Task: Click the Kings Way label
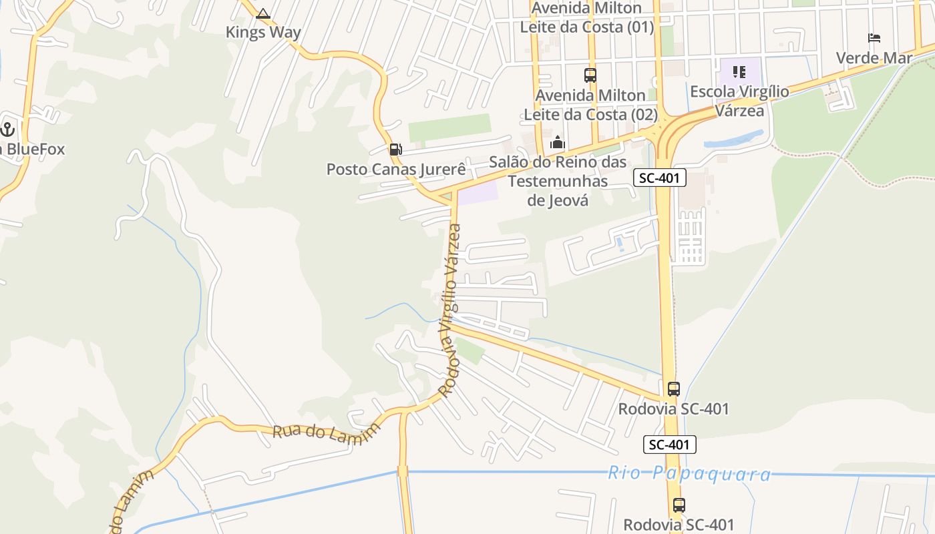(x=263, y=32)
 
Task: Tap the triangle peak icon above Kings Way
(x=263, y=13)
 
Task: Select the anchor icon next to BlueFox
(x=7, y=129)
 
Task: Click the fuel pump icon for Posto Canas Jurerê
(x=396, y=150)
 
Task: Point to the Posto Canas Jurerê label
(x=395, y=170)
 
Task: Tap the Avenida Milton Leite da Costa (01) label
(x=587, y=17)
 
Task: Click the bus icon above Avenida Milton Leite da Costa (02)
(x=590, y=75)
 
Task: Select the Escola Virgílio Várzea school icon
(x=739, y=71)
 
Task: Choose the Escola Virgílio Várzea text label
(x=739, y=101)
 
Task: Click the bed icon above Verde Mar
(x=874, y=38)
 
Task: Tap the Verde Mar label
(x=874, y=58)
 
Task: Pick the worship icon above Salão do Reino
(x=558, y=142)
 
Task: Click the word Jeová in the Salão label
(x=558, y=200)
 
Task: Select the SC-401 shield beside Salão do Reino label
(x=660, y=177)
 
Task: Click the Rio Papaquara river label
(x=689, y=473)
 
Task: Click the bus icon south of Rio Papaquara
(x=679, y=505)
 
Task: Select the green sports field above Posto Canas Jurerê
(x=449, y=127)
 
